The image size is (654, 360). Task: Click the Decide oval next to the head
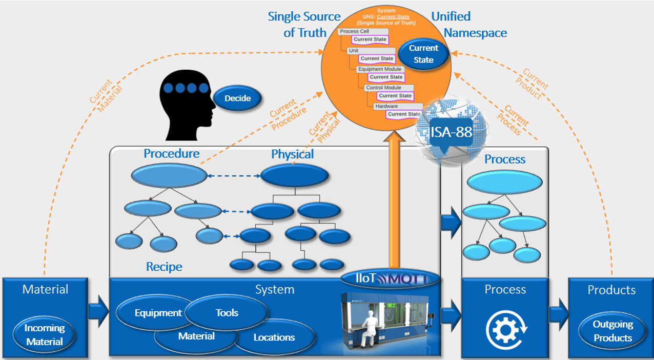pyautogui.click(x=237, y=98)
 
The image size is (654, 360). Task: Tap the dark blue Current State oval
pyautogui.click(x=423, y=54)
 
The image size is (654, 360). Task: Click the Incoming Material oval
pyautogui.click(x=45, y=335)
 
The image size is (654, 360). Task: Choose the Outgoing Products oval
pyautogui.click(x=612, y=331)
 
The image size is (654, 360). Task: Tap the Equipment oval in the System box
pyautogui.click(x=157, y=313)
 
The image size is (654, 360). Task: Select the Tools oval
pyautogui.click(x=227, y=312)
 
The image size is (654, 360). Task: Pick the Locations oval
pyautogui.click(x=274, y=337)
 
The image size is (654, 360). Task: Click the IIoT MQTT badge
pyautogui.click(x=391, y=278)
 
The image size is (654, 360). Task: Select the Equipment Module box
pyautogui.click(x=380, y=69)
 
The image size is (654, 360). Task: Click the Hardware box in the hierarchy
pyautogui.click(x=386, y=106)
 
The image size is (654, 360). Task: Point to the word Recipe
pyautogui.click(x=164, y=267)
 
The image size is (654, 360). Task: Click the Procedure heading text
pyautogui.click(x=171, y=154)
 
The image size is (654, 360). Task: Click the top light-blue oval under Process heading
pyautogui.click(x=504, y=182)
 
